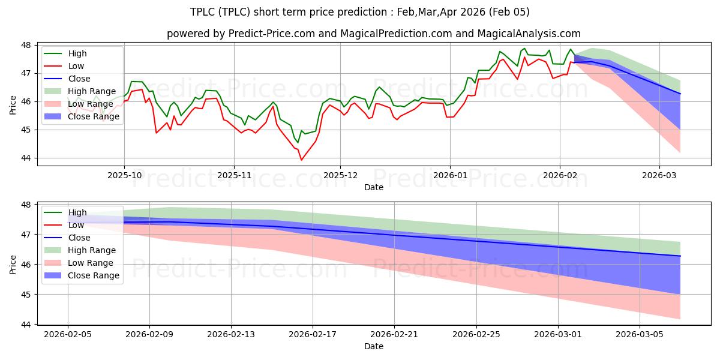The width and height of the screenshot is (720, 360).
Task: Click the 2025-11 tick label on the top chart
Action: coord(234,176)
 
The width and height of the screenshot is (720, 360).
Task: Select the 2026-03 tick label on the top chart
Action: coord(659,176)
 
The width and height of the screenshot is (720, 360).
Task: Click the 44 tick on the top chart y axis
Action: coord(26,158)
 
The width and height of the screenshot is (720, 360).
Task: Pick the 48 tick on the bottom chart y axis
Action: coord(26,205)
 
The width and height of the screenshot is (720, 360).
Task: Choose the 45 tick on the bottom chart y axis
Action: coord(26,295)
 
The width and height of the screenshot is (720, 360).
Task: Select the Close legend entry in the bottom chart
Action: coord(79,238)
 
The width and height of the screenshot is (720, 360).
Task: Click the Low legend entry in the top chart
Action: coord(76,66)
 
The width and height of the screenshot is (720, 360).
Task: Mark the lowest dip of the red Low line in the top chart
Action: coord(301,160)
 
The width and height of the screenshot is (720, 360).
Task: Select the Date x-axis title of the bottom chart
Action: coord(373,346)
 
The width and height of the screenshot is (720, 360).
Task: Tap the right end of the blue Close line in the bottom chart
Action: coord(680,256)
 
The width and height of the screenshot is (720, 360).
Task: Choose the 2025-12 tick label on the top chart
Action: coord(340,176)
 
